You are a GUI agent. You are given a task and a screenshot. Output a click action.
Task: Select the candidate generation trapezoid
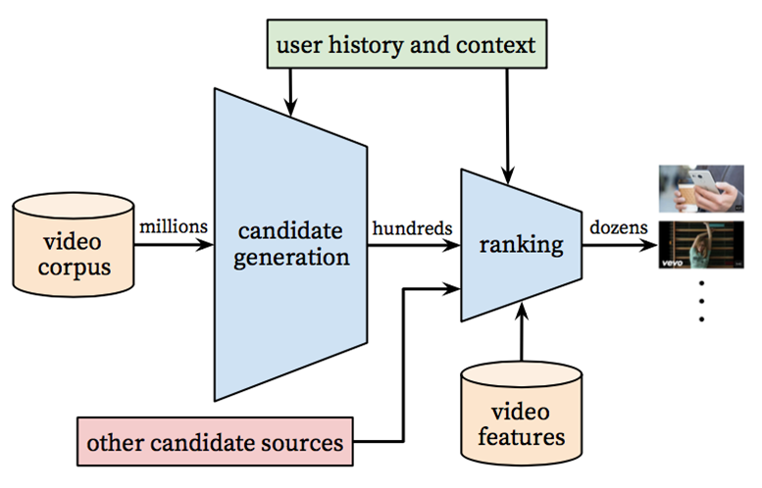click(290, 245)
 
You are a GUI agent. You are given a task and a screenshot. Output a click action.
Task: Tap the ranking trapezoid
click(521, 245)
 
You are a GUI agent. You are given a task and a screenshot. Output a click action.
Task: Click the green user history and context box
click(405, 45)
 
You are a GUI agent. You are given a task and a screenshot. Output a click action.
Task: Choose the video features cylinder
click(521, 417)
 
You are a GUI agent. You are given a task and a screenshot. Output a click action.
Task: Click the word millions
click(174, 226)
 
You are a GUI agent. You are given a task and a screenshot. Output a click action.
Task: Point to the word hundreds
click(412, 227)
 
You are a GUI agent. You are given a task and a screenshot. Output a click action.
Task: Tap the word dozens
click(618, 227)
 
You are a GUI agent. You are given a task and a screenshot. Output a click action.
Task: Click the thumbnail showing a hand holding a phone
click(701, 189)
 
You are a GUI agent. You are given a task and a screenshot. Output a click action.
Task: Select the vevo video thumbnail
click(701, 248)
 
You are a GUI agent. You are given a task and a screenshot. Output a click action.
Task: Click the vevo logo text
click(675, 265)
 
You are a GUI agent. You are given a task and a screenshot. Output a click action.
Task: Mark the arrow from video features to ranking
click(521, 333)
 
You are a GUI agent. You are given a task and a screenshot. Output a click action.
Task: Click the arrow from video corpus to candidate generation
click(174, 244)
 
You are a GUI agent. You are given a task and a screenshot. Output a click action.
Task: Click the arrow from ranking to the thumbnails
click(619, 244)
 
